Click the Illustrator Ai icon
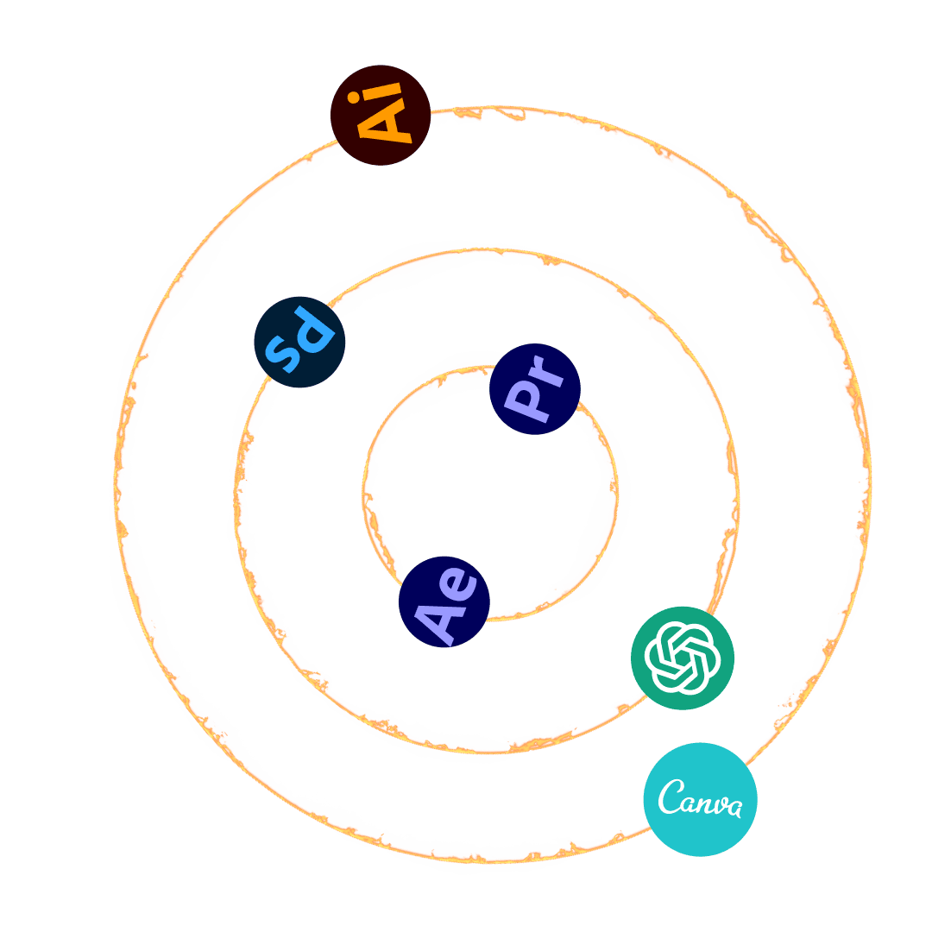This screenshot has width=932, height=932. (381, 114)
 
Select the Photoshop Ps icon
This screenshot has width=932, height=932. (299, 342)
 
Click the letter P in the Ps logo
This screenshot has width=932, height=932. (312, 331)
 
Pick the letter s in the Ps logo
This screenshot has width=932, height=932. (284, 352)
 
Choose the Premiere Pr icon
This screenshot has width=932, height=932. (534, 388)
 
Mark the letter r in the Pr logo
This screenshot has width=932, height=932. (548, 374)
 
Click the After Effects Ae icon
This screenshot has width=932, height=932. (444, 601)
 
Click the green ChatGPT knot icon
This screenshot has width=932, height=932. (683, 658)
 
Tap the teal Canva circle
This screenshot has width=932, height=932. (700, 799)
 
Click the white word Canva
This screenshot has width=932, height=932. (700, 799)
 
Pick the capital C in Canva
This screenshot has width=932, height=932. (671, 797)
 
